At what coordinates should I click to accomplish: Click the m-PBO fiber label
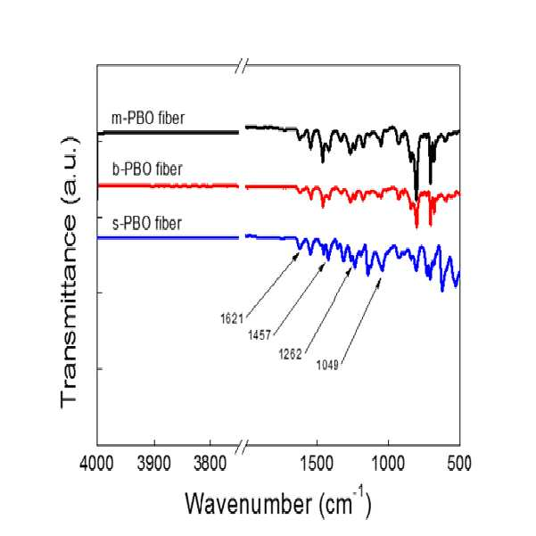point(148,119)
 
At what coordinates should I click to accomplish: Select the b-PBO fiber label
point(147,169)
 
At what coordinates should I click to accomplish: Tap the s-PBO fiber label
point(147,223)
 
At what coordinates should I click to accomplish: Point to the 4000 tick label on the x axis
point(96,464)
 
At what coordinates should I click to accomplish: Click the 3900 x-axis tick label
point(153,464)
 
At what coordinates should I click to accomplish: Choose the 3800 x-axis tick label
point(210,464)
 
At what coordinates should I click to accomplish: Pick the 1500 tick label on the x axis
point(317,464)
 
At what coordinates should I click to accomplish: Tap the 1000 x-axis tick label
point(388,464)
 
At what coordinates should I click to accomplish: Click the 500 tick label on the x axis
point(459,464)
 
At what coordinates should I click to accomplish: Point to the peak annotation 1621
point(231,319)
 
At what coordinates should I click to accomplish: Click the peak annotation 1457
point(260,335)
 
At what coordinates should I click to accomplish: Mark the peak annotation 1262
point(290,354)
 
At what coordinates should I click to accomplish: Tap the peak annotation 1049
point(327,365)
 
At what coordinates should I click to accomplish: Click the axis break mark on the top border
point(242,65)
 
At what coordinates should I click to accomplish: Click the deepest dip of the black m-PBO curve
point(416,199)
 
